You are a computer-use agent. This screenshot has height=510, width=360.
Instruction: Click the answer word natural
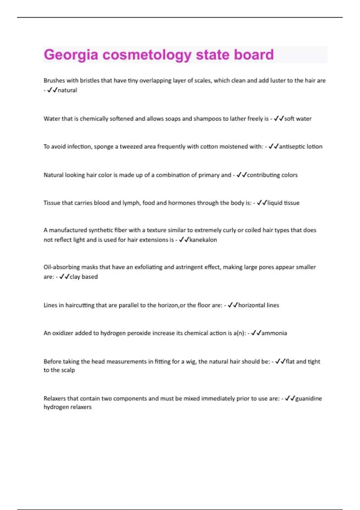67,90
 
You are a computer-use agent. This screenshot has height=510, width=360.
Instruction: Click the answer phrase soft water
298,118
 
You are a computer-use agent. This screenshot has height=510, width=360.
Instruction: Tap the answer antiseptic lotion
301,147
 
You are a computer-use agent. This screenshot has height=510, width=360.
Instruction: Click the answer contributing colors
272,175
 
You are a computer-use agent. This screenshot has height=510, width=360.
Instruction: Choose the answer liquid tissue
283,203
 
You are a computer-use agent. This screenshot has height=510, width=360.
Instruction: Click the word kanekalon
203,240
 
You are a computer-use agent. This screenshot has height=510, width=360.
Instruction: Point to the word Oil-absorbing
61,267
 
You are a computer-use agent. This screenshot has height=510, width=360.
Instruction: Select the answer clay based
84,277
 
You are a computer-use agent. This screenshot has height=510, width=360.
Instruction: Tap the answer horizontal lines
259,305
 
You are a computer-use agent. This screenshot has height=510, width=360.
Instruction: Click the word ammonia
274,333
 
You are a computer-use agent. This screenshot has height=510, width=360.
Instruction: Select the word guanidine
308,398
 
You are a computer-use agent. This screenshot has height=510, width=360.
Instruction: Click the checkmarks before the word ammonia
256,333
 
